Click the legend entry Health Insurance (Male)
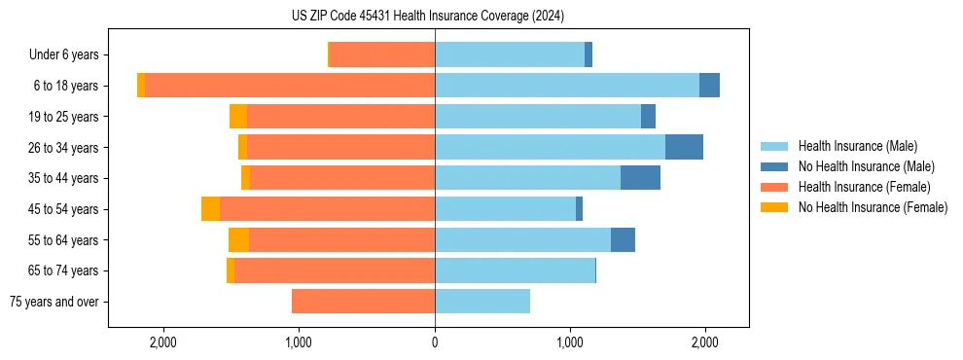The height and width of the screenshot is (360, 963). (x=857, y=146)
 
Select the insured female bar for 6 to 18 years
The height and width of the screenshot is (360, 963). (x=289, y=86)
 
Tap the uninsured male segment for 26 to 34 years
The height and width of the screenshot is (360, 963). (x=684, y=147)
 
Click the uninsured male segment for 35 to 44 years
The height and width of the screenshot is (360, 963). (x=640, y=178)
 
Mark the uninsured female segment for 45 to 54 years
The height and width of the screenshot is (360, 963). (x=210, y=209)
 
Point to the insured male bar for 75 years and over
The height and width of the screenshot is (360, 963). (x=482, y=302)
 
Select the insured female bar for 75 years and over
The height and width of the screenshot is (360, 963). (x=363, y=302)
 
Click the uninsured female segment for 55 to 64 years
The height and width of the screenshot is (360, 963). (x=238, y=239)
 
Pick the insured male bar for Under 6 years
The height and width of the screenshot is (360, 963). (x=510, y=55)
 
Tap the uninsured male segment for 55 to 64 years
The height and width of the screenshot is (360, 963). (x=623, y=239)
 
